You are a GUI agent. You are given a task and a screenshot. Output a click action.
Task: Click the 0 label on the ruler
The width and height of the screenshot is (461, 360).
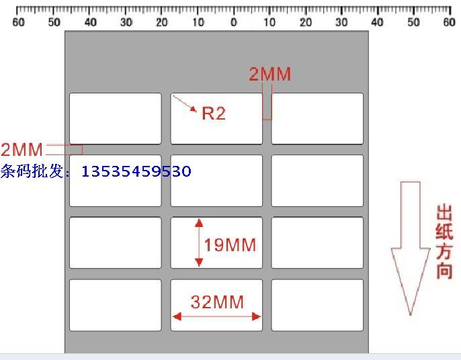(233, 22)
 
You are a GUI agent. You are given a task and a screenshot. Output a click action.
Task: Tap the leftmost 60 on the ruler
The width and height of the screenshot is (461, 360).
(18, 22)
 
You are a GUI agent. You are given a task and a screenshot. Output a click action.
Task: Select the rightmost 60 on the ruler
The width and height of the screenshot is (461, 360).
(449, 22)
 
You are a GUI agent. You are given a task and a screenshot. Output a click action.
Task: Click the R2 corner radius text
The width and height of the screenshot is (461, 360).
(214, 114)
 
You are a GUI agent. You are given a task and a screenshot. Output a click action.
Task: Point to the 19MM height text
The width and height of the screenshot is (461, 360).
(230, 245)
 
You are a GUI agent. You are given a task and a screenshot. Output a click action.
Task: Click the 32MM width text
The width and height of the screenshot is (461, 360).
(216, 302)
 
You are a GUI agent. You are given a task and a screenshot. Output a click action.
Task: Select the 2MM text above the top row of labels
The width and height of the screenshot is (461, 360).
(270, 75)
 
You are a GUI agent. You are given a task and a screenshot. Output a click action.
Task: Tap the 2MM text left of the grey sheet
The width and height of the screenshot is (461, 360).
(22, 149)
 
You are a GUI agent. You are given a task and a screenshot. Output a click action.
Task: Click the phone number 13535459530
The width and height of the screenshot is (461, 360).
(136, 171)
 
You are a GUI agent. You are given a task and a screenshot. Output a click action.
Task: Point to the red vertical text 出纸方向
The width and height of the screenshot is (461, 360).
(444, 242)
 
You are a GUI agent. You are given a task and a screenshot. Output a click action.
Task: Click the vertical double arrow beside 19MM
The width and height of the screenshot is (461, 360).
(199, 242)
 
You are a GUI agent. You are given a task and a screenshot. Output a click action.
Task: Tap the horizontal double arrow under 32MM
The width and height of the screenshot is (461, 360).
(216, 316)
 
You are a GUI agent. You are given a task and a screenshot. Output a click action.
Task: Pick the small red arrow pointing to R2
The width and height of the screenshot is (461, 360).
(185, 104)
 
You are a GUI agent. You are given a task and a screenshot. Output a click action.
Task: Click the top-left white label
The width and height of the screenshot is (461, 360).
(116, 118)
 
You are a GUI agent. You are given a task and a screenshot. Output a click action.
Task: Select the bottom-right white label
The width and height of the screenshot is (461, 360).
(317, 305)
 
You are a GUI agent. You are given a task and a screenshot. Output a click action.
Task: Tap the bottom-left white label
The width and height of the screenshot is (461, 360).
(116, 305)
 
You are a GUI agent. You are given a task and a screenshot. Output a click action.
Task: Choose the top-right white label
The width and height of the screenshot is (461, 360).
(317, 118)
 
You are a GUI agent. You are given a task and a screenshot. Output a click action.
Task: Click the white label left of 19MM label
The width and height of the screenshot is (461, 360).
(116, 242)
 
